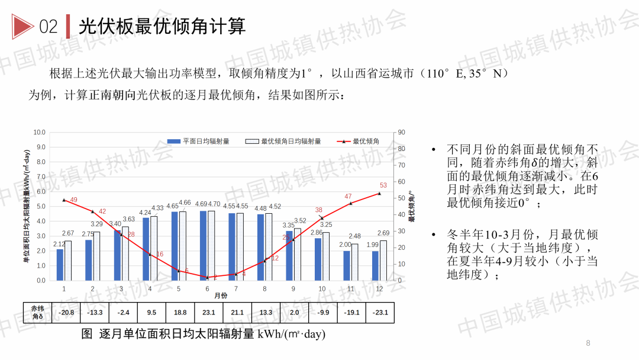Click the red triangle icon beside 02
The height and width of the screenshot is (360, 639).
22,26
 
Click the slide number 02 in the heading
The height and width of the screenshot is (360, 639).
49,27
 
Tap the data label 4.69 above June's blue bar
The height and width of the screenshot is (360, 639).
201,204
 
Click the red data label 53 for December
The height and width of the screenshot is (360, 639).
383,185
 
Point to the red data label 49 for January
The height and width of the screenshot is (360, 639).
73,200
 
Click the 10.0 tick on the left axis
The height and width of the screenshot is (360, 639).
39,133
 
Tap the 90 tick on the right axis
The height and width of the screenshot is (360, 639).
401,133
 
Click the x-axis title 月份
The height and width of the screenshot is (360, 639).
220,295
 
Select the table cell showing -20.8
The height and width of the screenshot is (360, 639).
66,313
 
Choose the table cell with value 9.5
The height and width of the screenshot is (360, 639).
151,313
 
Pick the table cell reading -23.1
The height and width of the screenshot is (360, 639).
380,313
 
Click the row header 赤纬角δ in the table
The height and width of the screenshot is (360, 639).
37,312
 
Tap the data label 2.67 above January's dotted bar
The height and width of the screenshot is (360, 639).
68,233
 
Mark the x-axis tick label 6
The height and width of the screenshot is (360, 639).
207,288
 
